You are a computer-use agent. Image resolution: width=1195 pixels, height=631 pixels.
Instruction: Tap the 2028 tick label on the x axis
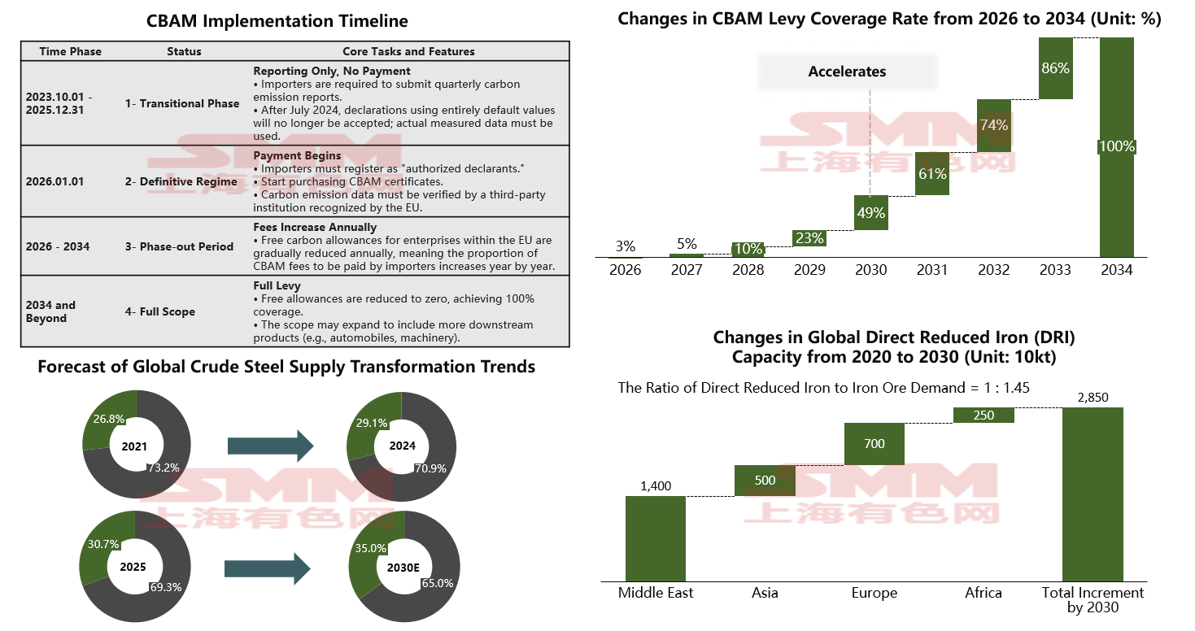click(748, 270)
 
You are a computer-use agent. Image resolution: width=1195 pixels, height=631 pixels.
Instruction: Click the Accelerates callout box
click(847, 72)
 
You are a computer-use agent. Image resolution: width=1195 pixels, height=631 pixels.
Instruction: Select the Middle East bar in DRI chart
click(656, 538)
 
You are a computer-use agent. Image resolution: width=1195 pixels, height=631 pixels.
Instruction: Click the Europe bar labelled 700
click(874, 444)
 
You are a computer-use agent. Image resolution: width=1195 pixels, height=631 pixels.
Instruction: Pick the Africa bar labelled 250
click(983, 415)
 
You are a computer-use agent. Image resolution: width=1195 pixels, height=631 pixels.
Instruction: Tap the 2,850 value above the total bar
click(1093, 398)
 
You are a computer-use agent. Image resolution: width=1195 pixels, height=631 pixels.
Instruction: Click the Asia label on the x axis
click(765, 593)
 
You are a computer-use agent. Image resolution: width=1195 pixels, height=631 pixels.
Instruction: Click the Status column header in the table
click(184, 51)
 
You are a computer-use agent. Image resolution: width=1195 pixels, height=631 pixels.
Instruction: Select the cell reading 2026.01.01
click(55, 181)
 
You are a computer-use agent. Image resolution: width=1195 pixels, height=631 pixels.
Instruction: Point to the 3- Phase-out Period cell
click(179, 246)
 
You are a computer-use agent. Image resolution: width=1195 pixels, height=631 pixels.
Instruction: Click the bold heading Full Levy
click(277, 286)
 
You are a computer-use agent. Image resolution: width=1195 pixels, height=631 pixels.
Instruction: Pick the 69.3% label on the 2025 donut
click(165, 585)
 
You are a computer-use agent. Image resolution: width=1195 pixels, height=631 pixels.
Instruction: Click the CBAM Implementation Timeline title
click(277, 21)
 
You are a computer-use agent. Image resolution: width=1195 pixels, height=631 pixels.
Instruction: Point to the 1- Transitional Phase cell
click(182, 103)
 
